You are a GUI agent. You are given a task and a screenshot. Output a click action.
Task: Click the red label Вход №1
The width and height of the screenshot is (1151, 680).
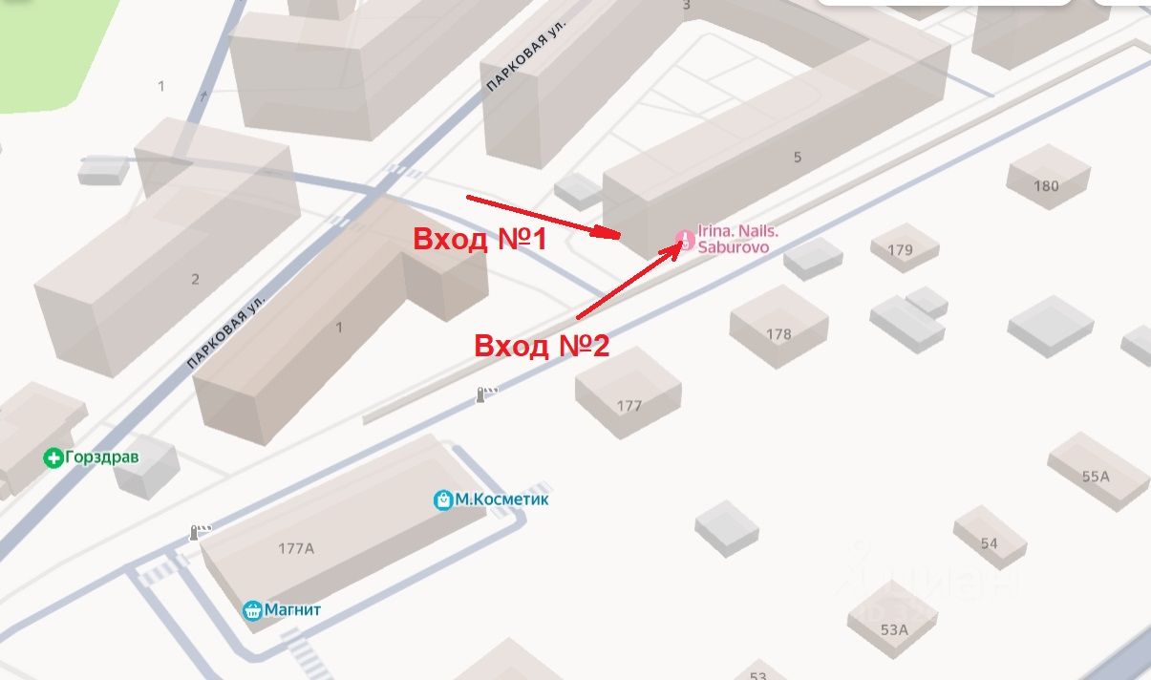pos(480,239)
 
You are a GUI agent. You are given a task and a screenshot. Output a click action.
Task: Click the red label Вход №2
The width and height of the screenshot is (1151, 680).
pos(542,345)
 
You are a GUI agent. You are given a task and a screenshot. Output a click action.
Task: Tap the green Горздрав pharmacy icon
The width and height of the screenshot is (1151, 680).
pos(54,458)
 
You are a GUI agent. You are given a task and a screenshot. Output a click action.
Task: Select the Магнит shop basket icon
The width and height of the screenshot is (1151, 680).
pos(252,609)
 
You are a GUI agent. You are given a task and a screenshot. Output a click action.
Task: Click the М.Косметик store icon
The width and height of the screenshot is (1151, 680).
pos(443,499)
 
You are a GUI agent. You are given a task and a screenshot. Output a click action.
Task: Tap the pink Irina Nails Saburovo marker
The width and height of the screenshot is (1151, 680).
pos(685,239)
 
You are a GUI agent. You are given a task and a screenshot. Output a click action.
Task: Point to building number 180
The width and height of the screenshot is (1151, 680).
pos(1046,185)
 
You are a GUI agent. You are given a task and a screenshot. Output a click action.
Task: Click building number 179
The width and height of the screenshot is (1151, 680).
pos(900,250)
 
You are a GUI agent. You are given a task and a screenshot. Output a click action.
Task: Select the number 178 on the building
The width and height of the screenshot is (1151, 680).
pos(778,334)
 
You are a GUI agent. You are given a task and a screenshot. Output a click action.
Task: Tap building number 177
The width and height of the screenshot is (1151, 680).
pos(629,406)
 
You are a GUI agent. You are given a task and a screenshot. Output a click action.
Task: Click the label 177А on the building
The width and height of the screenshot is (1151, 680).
pos(296,548)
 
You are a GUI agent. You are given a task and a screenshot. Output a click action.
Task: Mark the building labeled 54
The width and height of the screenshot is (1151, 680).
pos(989,543)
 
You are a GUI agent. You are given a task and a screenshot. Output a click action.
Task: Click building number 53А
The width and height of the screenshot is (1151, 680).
pos(893,629)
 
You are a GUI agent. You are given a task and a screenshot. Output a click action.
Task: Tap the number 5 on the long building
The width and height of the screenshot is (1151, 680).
pos(798,158)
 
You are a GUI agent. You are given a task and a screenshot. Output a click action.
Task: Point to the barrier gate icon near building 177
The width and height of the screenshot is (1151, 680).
pos(486,393)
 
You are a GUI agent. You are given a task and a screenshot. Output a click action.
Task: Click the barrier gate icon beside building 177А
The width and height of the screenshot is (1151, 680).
pos(200,531)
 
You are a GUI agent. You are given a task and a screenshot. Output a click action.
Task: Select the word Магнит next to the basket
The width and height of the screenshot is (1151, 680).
pos(294,609)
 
